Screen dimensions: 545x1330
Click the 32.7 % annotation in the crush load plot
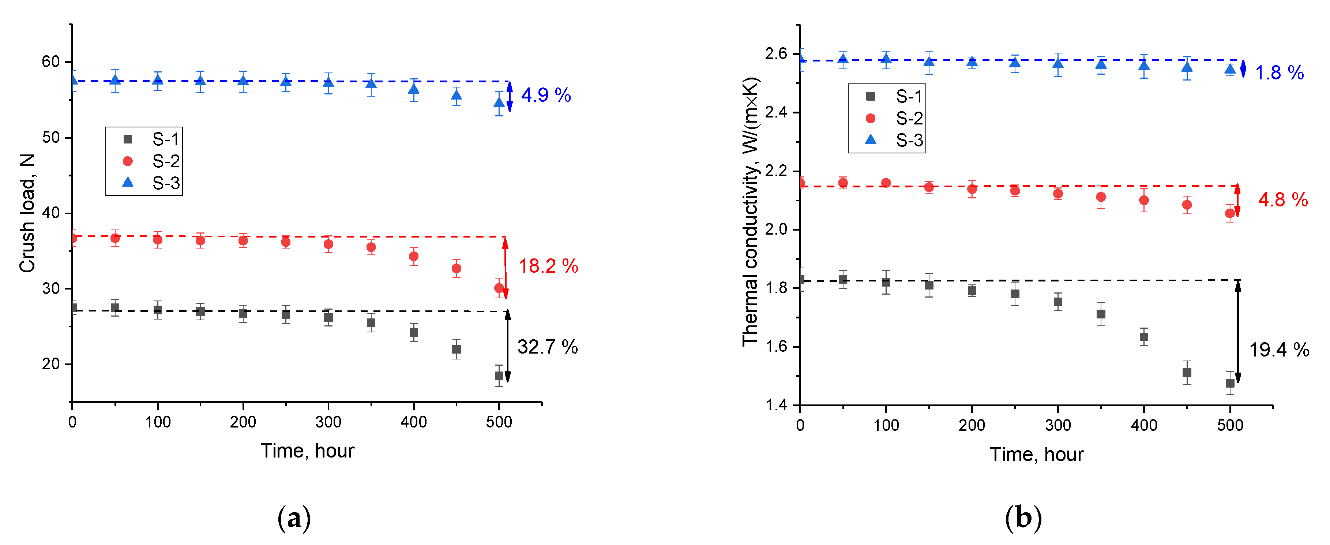[x=547, y=347]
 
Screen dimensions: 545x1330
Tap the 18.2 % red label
[x=548, y=266]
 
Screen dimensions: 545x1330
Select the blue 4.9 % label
[x=546, y=95]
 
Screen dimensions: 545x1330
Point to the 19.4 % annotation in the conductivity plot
[x=1279, y=350]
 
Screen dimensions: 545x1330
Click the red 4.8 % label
[x=1282, y=199]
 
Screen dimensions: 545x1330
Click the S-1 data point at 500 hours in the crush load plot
[x=499, y=376]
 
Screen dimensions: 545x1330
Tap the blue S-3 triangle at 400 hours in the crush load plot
[x=414, y=89]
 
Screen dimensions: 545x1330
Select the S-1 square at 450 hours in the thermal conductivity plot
[x=1187, y=373]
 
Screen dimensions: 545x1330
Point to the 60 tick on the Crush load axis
[x=50, y=62]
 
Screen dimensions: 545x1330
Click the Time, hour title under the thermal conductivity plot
[x=1036, y=455]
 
